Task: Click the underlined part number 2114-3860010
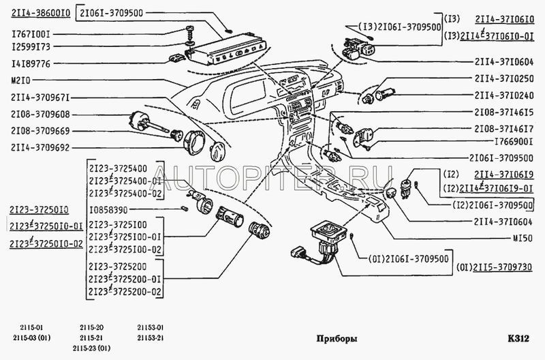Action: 41,13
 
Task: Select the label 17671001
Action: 31,35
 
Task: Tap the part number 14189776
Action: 31,64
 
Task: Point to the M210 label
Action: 21,80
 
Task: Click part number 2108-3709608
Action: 40,115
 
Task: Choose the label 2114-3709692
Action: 40,148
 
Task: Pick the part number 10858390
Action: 108,210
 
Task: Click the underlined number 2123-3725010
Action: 39,210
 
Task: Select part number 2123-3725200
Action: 117,267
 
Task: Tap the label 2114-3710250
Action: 504,78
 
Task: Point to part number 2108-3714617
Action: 504,129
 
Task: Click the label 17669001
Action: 514,142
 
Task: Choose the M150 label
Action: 523,238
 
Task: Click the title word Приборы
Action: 337,338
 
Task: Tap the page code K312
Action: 518,338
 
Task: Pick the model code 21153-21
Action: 150,337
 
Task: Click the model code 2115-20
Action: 91,327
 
